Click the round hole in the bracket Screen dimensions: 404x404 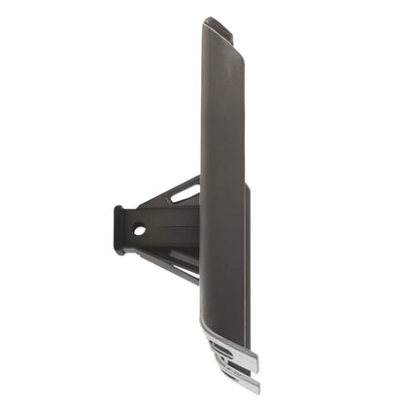[140, 230]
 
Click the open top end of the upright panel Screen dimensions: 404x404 [220, 28]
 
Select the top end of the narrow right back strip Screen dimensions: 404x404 [247, 186]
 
